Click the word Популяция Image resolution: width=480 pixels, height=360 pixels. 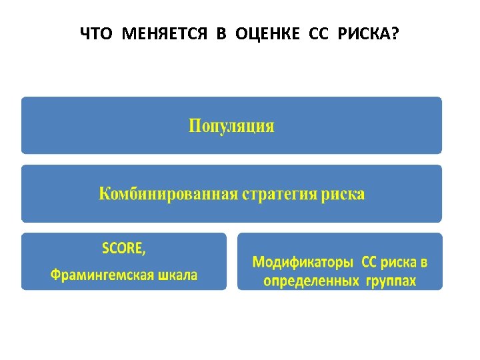click(231, 126)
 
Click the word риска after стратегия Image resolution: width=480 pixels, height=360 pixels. click(343, 194)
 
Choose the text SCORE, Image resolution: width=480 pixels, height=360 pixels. click(123, 249)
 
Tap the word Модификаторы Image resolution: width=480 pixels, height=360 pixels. click(303, 261)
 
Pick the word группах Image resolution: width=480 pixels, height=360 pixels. click(391, 281)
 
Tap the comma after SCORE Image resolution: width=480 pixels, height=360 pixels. click(144, 252)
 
